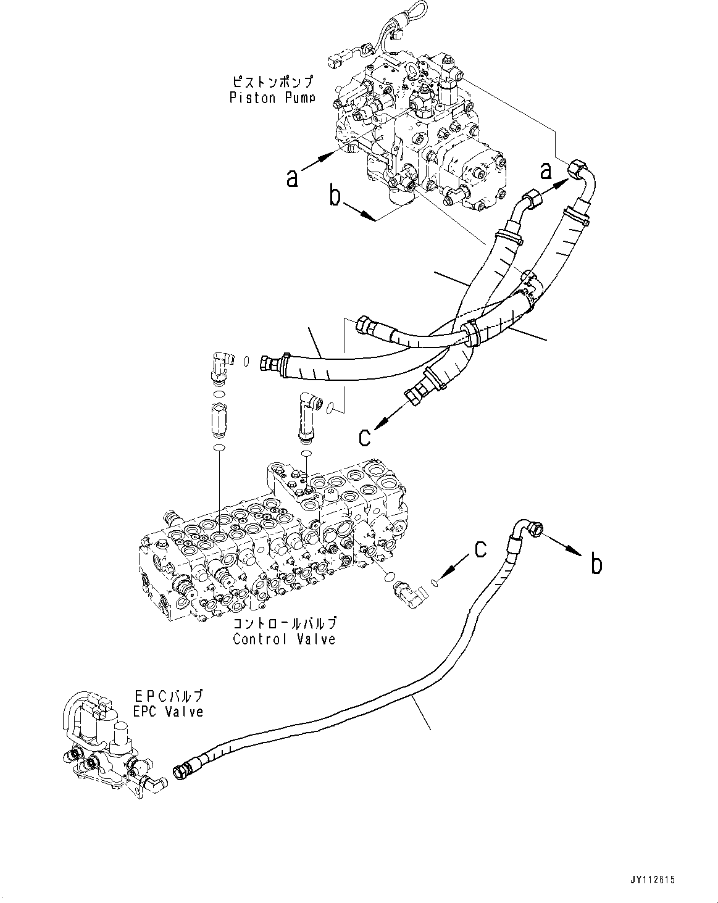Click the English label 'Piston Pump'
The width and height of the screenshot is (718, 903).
[272, 98]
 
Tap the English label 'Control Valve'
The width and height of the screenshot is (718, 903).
[284, 639]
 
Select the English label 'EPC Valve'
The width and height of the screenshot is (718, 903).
[169, 712]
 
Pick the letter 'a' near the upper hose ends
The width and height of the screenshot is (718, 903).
[545, 170]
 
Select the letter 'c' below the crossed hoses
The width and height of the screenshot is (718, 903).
[365, 436]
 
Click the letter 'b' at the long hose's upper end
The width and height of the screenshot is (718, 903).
[596, 564]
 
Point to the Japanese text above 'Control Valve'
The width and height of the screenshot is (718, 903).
[284, 624]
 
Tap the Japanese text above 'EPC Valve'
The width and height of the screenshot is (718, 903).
[169, 696]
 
